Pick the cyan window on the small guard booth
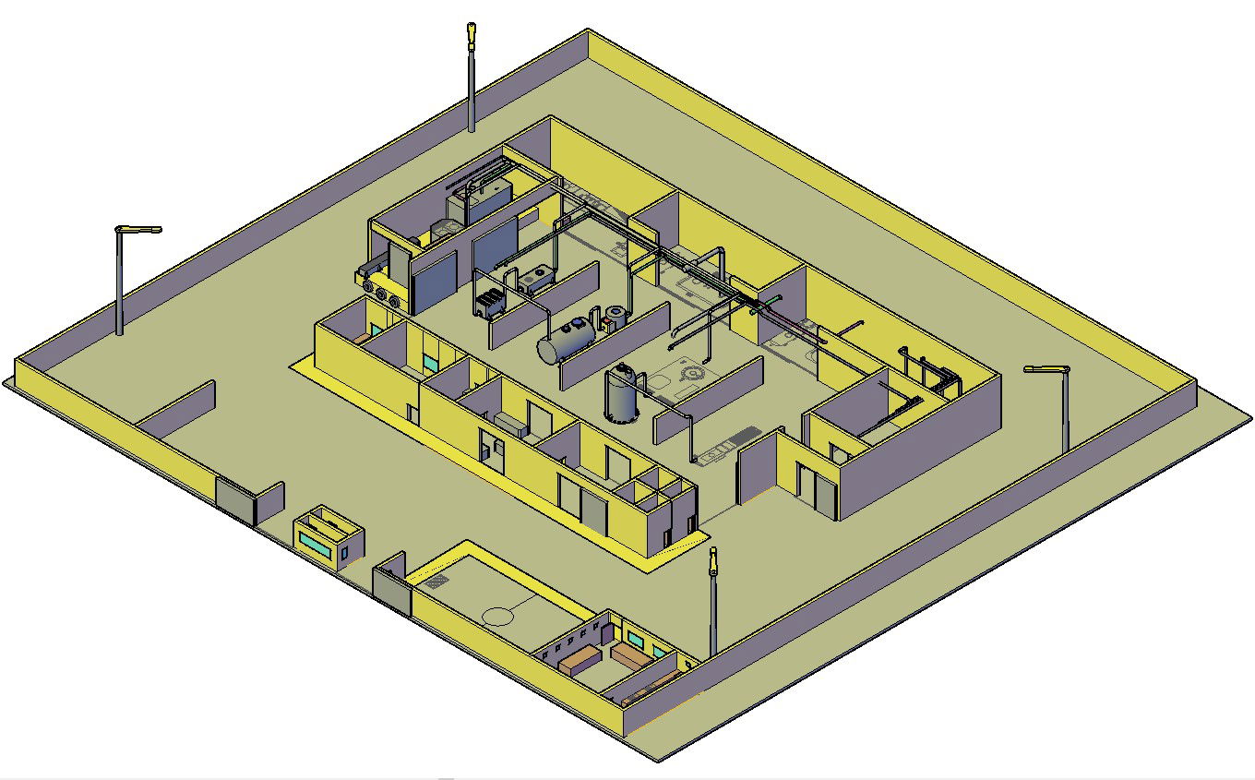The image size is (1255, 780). tap(314, 544)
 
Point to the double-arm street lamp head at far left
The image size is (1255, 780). tap(137, 229)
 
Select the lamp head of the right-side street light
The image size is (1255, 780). tap(1046, 369)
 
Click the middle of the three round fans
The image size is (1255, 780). tap(380, 294)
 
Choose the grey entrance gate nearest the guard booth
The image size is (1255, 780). tap(235, 501)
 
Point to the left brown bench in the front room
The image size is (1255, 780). tap(576, 661)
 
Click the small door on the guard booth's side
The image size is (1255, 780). tap(344, 554)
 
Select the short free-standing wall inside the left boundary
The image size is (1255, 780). tap(177, 410)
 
